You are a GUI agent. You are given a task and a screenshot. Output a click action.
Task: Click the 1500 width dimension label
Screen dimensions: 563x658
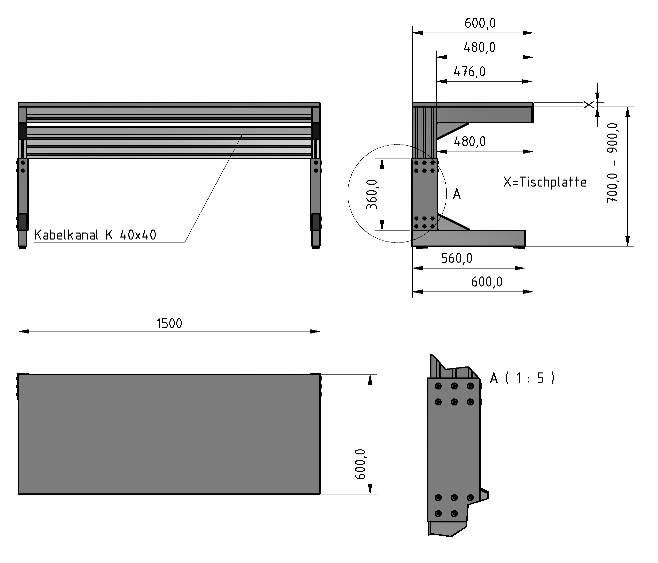pos(169,323)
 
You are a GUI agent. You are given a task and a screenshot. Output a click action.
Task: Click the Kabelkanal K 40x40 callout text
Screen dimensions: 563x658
pos(95,235)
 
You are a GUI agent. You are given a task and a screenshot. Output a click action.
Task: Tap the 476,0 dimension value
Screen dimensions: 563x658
pos(469,72)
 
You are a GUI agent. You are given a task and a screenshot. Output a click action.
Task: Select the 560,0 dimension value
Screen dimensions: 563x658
pos(457,258)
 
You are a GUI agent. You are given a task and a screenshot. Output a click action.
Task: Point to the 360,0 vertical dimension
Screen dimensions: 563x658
pos(372,194)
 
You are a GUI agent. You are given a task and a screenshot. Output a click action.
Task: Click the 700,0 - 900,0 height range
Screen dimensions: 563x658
pos(612,163)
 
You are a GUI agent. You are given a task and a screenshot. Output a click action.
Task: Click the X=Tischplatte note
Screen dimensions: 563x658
pos(545,182)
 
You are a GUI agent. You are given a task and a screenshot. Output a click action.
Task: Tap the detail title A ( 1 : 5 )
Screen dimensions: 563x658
pos(522,378)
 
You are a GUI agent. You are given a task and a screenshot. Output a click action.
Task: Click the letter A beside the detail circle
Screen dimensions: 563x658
pos(457,194)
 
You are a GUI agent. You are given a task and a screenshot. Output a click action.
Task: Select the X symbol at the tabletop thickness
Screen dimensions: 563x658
pos(589,105)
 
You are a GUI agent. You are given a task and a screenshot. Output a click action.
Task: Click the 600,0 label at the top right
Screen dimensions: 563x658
pos(480,23)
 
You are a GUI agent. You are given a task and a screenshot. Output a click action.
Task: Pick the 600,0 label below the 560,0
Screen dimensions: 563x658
pos(487,282)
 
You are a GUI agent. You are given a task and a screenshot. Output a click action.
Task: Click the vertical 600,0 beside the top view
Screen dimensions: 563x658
pos(361,464)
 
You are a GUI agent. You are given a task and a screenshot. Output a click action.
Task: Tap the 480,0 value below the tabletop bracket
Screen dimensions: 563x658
pos(469,142)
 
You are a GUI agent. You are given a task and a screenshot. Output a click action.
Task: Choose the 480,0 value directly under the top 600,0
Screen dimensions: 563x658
pos(479,48)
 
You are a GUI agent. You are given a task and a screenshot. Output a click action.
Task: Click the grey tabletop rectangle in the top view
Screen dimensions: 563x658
pos(169,434)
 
